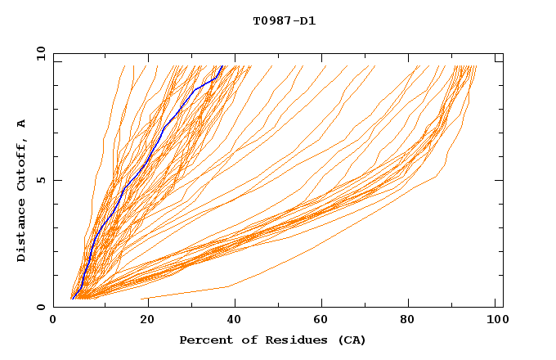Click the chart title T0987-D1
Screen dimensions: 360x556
click(x=284, y=20)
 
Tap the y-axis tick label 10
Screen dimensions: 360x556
click(x=39, y=53)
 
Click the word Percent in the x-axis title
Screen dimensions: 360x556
click(x=204, y=340)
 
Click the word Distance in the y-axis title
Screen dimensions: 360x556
click(x=21, y=233)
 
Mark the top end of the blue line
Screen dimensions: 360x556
click(x=222, y=66)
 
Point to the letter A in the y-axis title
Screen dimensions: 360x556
click(x=21, y=124)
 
